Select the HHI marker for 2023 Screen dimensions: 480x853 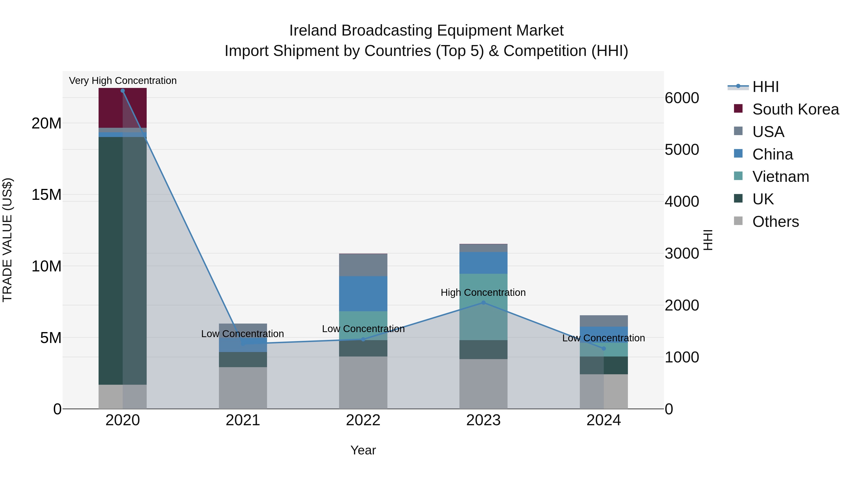[483, 302]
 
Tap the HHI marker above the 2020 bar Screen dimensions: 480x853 [123, 91]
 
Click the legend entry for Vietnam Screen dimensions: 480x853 [780, 177]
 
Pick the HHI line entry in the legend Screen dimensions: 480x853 [765, 87]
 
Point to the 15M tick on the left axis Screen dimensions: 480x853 [46, 195]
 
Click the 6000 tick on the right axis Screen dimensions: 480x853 [681, 98]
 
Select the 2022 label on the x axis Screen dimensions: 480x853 [363, 420]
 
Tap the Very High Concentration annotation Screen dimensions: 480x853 [123, 81]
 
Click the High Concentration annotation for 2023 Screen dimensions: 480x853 [483, 293]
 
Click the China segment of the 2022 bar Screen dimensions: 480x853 [363, 293]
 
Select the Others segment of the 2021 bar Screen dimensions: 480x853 [243, 388]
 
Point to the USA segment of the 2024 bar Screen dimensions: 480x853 [603, 321]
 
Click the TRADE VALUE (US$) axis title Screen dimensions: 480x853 [7, 240]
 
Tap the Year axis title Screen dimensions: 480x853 [363, 450]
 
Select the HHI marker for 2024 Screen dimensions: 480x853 [603, 348]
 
